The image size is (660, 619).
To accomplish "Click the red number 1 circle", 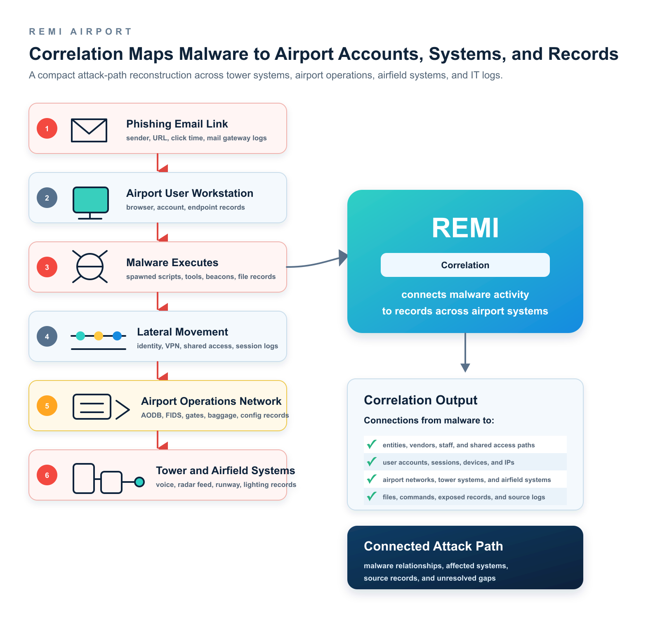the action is tap(47, 128).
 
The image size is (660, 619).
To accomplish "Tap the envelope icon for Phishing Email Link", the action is tap(89, 130).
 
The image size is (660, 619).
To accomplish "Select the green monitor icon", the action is tap(90, 203).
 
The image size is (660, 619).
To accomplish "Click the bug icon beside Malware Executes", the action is tap(90, 267).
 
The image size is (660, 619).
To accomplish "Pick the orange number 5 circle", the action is tap(47, 406).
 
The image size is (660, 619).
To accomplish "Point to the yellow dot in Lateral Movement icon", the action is tap(99, 336).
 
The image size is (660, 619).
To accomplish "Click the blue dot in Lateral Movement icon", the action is tap(117, 336).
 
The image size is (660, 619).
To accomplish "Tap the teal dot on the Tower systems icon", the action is tap(139, 482).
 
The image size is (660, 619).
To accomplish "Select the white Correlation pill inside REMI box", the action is tap(465, 265).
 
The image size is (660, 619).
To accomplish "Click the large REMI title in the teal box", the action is tap(465, 228).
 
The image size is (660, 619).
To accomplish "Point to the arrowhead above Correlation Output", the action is tap(465, 368).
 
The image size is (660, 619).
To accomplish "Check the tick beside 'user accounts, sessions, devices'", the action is tap(372, 462).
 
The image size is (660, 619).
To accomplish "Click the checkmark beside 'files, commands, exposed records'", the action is tap(372, 496).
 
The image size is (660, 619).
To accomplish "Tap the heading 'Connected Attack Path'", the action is tap(434, 546).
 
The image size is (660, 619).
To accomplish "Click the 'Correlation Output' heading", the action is tap(421, 400).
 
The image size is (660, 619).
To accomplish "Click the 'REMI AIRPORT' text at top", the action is tap(80, 31).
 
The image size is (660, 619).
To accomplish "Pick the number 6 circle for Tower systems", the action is tap(47, 475).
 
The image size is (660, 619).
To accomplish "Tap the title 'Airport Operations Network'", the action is tap(211, 401).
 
